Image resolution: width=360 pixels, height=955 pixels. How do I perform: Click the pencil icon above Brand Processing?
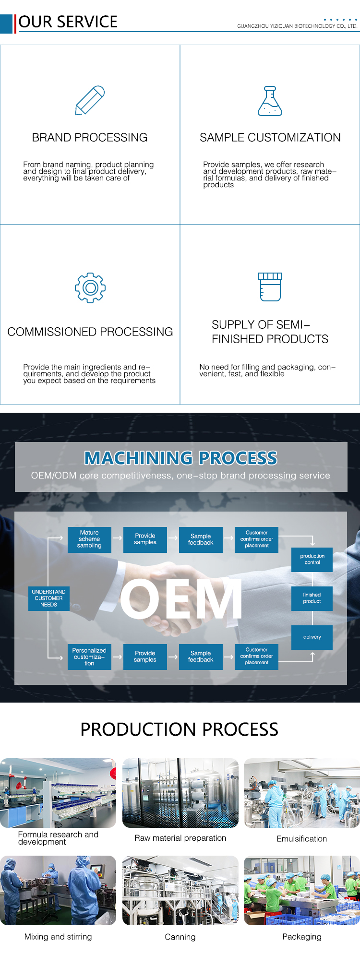pos(90,100)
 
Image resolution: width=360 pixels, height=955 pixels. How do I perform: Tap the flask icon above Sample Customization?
pos(270,101)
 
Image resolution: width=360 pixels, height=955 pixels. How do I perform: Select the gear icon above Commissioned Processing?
pos(90,287)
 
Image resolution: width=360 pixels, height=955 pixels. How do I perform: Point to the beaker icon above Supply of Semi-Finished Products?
pos(270,287)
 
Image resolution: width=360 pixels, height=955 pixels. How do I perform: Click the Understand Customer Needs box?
pos(48,598)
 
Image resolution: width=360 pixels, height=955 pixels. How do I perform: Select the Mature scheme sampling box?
pos(89,539)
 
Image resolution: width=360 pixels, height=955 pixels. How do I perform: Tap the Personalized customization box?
pos(89,657)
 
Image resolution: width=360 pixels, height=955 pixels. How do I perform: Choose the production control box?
pos(312,560)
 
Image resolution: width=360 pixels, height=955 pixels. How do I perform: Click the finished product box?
pos(312,598)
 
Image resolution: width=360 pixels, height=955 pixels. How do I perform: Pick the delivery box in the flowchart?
pos(312,637)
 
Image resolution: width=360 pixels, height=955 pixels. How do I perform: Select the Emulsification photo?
pos(302,793)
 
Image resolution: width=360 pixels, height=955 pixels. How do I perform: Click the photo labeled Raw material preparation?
pos(180,793)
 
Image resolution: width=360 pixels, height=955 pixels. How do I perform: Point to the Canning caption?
pos(180,937)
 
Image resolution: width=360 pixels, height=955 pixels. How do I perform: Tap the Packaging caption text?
pos(302,937)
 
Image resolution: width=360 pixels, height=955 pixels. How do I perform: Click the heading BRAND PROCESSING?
pos(90,138)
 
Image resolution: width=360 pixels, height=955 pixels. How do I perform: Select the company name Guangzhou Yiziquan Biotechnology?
pos(297,26)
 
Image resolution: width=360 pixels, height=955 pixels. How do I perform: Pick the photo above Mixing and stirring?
pos(58,891)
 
